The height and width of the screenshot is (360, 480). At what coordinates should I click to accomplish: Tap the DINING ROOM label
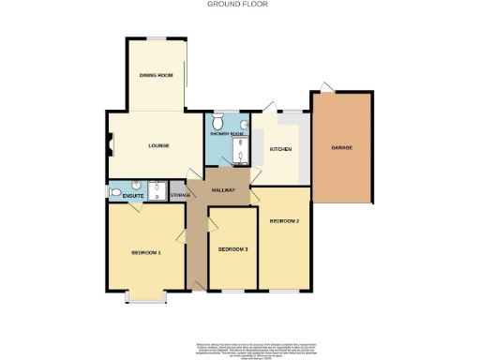coord(156,74)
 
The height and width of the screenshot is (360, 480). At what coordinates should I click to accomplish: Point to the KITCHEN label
coord(280,150)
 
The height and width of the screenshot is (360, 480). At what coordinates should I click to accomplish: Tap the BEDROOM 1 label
coord(146,252)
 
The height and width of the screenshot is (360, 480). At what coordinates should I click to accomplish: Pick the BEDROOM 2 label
coord(284,221)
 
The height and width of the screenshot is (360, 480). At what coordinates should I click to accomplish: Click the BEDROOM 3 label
coord(232,249)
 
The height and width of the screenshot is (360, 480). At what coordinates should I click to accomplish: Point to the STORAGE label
coord(180,195)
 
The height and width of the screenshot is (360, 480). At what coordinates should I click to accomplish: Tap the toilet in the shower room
coord(217,123)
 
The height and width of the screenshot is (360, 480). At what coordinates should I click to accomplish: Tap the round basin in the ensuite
coord(136,184)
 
